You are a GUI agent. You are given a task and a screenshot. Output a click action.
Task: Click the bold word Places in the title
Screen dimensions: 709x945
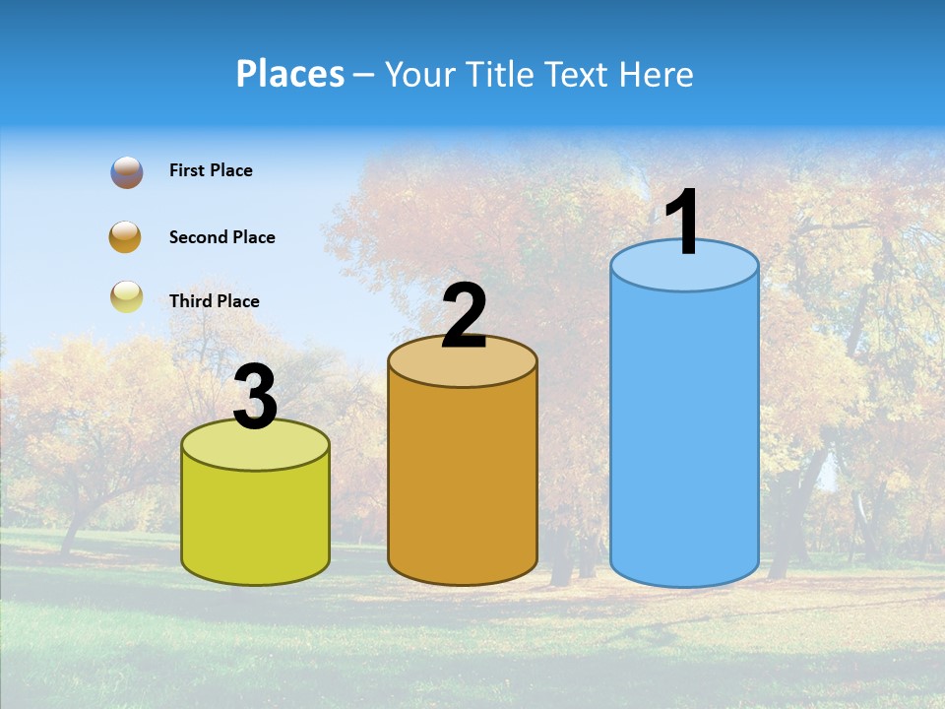pos(290,74)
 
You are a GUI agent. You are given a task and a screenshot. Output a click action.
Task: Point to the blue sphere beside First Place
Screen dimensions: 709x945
pos(127,171)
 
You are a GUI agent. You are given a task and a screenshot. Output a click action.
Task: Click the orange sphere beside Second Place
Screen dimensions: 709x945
pos(126,237)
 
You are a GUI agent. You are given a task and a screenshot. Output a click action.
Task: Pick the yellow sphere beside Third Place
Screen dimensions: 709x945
pos(127,296)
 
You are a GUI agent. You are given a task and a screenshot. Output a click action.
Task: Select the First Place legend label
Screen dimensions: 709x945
pos(211,170)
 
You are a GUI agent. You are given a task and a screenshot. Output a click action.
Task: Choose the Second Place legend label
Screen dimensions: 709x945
pos(221,237)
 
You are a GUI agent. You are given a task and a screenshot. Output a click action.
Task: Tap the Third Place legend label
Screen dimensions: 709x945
pos(214,301)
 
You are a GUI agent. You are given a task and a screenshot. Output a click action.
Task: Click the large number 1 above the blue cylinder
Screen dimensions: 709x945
pos(683,223)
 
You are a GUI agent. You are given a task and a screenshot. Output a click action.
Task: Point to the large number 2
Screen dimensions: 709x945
pos(464,316)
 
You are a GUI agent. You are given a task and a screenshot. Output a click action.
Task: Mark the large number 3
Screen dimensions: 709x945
pos(256,398)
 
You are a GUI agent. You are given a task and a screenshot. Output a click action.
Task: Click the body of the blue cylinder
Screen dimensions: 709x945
pos(684,433)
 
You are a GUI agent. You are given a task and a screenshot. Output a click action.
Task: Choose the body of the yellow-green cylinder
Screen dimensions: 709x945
pos(256,522)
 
